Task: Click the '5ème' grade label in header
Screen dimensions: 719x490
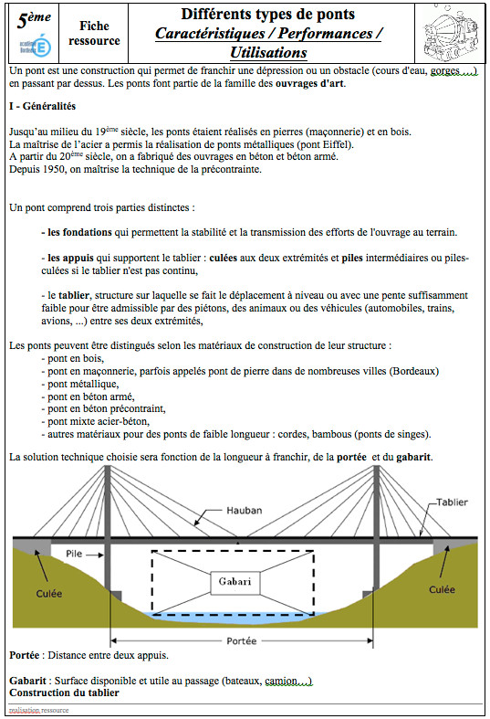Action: [x=34, y=17]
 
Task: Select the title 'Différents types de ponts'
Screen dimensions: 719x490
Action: [x=267, y=15]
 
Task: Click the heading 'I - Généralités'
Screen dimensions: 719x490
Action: [x=42, y=106]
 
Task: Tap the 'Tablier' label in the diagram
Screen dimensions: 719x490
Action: [x=453, y=503]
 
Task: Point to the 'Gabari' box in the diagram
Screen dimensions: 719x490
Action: [x=235, y=581]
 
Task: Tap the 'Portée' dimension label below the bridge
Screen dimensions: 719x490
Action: [x=240, y=640]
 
